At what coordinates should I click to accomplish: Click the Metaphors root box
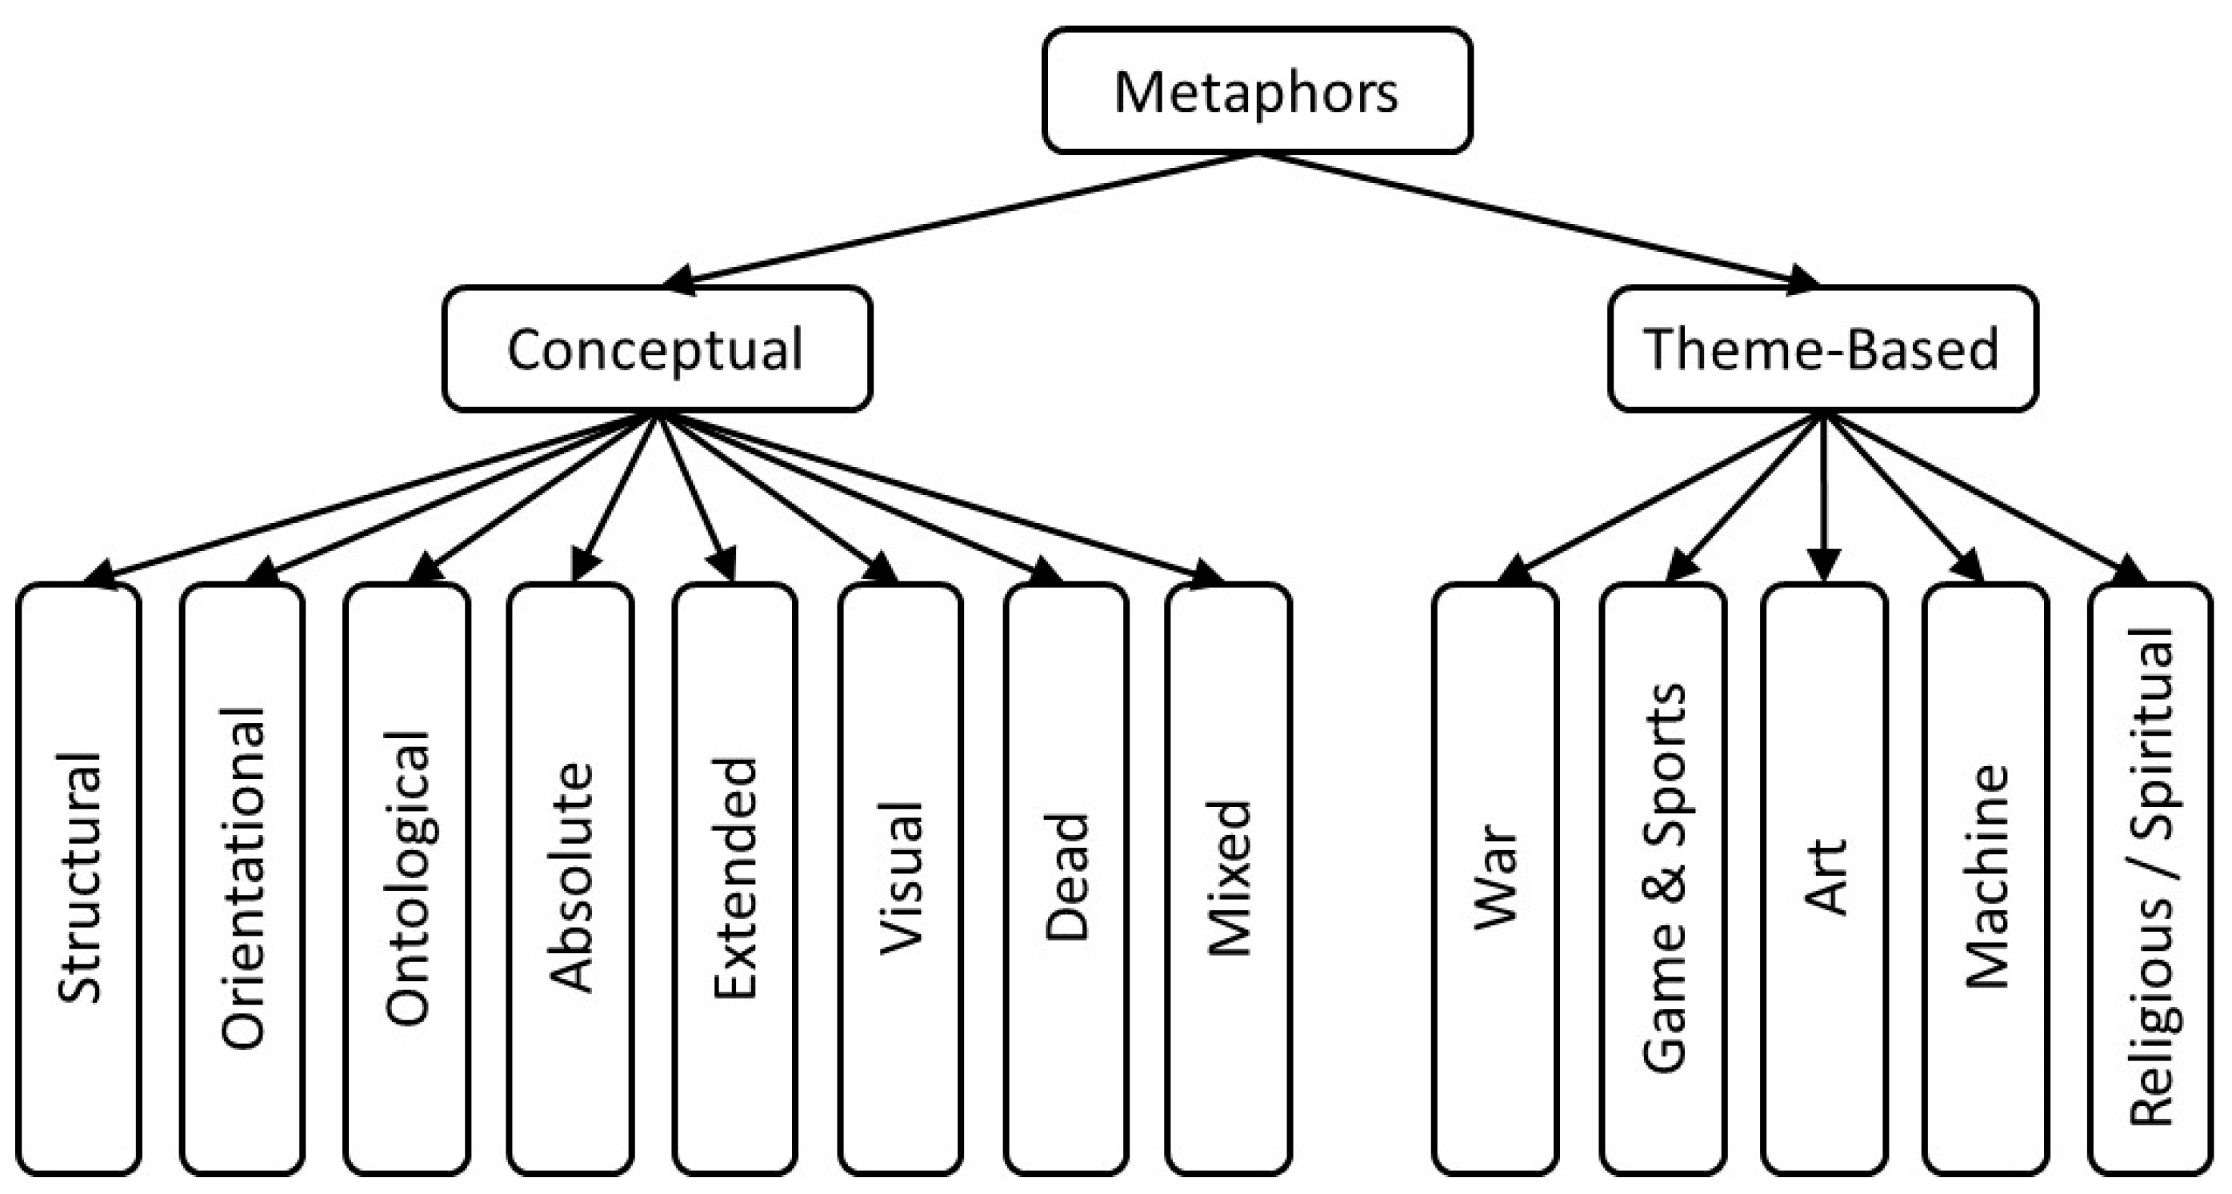1256,91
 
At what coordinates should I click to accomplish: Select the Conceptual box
657,349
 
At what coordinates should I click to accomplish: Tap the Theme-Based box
1823,349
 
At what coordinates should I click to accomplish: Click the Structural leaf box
78,879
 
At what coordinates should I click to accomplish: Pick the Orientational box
242,879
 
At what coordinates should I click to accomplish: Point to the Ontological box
406,879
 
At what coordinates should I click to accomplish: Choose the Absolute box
570,879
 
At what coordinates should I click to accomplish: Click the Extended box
734,879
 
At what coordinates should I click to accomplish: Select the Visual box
899,879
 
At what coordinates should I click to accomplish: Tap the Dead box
1066,879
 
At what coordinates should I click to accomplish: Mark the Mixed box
1229,879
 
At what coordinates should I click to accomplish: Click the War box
1495,879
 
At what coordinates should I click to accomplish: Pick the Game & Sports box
1662,879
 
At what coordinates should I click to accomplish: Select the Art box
1825,879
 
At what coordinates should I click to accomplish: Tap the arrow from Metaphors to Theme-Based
1542,219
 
